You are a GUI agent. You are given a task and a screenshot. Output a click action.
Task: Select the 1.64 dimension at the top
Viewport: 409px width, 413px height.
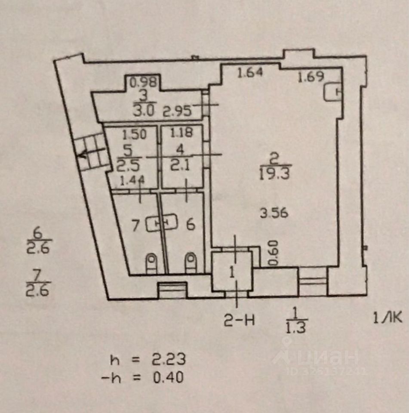tap(250, 73)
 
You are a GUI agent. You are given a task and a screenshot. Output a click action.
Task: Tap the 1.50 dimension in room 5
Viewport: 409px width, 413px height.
tap(135, 134)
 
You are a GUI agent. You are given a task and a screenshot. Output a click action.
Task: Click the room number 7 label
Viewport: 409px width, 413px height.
tap(136, 225)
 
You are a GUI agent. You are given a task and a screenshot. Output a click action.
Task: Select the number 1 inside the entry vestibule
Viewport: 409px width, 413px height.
tap(232, 272)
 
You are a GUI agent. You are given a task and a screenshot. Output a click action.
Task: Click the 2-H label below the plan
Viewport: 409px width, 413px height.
tap(239, 320)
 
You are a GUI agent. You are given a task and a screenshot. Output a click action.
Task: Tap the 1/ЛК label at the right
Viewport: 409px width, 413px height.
tap(387, 318)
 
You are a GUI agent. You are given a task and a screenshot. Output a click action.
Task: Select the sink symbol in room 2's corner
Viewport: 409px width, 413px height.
tap(333, 91)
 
